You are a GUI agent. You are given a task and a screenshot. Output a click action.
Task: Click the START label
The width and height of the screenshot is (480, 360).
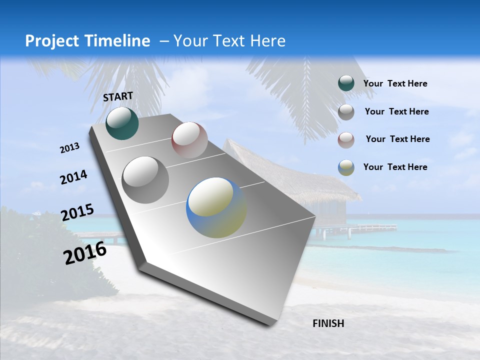point(118,96)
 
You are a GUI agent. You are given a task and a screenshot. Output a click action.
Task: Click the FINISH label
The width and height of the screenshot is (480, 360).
point(328,323)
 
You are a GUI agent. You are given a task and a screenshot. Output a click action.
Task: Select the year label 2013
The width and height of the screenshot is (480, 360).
point(69,148)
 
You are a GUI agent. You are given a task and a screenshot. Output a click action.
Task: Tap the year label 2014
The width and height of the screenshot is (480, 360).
point(73,177)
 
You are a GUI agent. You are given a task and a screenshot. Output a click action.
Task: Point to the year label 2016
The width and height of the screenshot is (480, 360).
point(85,253)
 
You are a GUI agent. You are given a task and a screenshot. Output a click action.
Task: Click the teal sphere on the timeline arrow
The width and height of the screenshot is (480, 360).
point(122,123)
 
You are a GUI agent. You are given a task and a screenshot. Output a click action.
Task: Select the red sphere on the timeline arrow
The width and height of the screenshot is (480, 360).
point(189,140)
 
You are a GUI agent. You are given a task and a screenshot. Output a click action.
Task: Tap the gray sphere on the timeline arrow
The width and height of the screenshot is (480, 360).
point(145,180)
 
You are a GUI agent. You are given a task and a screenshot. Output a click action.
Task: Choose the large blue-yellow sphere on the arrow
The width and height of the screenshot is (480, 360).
point(216,207)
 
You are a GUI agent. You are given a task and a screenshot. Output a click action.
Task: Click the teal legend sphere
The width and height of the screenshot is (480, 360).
point(346,83)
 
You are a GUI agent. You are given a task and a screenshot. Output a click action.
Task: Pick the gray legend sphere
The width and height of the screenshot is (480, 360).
point(346,112)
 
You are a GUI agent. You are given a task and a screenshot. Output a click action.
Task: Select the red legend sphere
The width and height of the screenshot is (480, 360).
point(346,139)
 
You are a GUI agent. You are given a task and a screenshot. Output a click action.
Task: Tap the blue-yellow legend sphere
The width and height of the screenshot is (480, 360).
point(346,167)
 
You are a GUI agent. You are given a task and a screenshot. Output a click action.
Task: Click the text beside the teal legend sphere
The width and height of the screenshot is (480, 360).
point(395,83)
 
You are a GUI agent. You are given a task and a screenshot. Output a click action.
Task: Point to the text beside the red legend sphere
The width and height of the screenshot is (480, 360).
point(397,139)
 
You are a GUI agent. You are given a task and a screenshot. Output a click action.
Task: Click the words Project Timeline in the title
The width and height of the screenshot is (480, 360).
point(87,41)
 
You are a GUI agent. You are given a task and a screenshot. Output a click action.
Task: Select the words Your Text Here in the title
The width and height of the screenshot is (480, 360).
point(229,41)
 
